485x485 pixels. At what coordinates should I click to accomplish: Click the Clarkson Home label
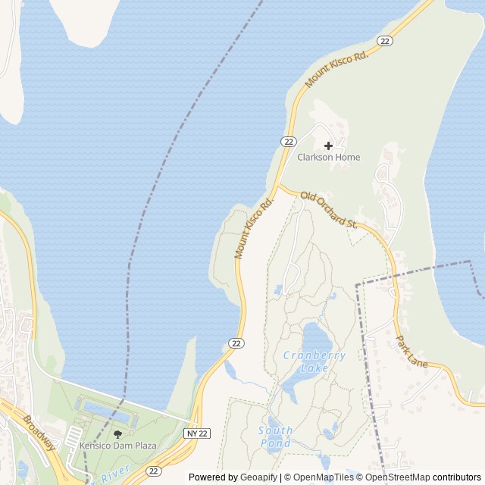(x=328, y=158)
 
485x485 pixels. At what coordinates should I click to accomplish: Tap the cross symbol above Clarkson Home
(x=328, y=145)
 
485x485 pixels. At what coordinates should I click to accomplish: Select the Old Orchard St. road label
(x=329, y=211)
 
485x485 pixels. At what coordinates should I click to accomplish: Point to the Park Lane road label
(x=412, y=352)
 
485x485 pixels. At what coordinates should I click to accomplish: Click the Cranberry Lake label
(x=314, y=361)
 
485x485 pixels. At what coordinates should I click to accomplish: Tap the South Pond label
(x=276, y=436)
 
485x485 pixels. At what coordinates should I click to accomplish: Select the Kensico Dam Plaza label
(x=117, y=446)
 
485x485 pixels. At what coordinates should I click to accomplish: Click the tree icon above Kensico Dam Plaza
(x=117, y=434)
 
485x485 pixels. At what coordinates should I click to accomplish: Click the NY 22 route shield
(x=196, y=433)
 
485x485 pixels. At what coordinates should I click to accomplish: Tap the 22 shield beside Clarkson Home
(x=288, y=142)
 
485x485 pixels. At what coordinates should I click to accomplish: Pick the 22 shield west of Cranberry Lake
(x=236, y=343)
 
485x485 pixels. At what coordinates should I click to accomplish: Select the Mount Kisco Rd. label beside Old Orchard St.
(x=255, y=227)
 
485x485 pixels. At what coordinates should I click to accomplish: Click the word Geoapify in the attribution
(x=258, y=477)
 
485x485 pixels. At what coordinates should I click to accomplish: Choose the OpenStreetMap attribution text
(x=397, y=477)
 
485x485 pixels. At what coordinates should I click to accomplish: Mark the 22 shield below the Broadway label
(x=154, y=471)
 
